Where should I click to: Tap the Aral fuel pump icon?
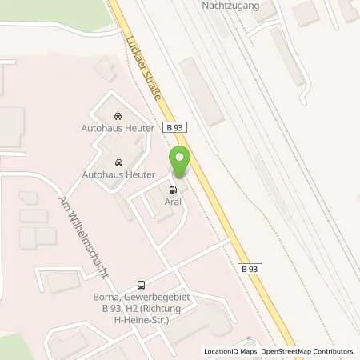[x=173, y=190]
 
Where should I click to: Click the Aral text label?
[x=173, y=202]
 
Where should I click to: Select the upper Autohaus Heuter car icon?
[x=118, y=116]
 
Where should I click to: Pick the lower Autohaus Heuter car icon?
[x=118, y=161]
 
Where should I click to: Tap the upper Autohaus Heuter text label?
[x=118, y=128]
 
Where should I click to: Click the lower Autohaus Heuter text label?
[x=118, y=173]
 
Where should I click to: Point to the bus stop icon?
[x=142, y=285]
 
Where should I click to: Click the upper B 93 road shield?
[x=175, y=126]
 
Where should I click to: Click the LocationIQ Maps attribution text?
[x=233, y=351]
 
